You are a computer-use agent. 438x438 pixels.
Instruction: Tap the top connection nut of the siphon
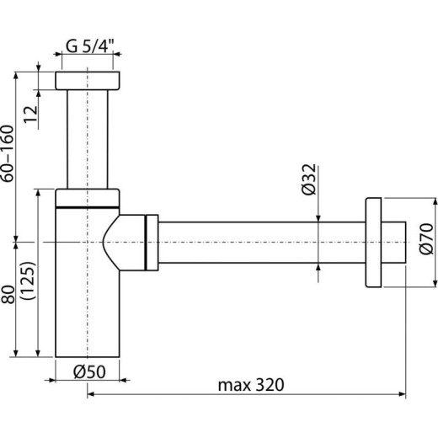pyautogui.click(x=88, y=81)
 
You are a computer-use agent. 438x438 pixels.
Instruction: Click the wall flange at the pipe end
pyautogui.click(x=373, y=242)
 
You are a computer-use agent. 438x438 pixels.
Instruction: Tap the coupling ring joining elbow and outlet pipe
pyautogui.click(x=152, y=243)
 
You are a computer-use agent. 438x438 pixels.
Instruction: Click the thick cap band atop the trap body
pyautogui.click(x=88, y=197)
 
